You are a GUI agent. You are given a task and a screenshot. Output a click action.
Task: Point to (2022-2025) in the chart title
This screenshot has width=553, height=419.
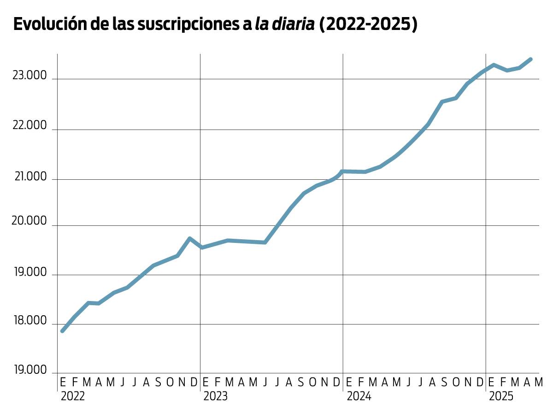point(369,24)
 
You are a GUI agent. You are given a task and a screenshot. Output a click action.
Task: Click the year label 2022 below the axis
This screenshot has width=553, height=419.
point(73,396)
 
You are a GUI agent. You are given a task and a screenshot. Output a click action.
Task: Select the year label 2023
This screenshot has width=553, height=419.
point(216,396)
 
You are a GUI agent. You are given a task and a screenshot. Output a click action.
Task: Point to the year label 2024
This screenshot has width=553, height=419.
point(359,396)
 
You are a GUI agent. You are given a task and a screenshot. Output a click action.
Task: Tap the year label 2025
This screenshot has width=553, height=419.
point(501,396)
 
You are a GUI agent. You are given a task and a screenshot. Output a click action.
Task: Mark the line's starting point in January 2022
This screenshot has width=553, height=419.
point(63,331)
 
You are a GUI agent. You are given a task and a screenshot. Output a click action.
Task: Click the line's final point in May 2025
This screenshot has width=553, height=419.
point(531,59)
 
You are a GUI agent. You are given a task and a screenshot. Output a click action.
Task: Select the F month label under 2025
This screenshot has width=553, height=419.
point(503,382)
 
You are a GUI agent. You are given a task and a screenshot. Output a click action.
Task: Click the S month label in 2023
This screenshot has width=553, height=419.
point(301,382)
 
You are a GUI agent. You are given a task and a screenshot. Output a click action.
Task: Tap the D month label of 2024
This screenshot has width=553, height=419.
point(479,382)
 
